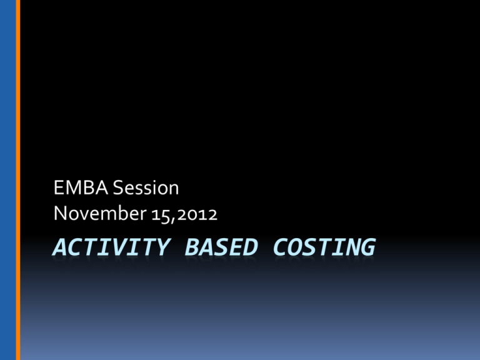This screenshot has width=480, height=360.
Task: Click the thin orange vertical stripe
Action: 18,180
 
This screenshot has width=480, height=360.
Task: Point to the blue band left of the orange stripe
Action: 7,180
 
